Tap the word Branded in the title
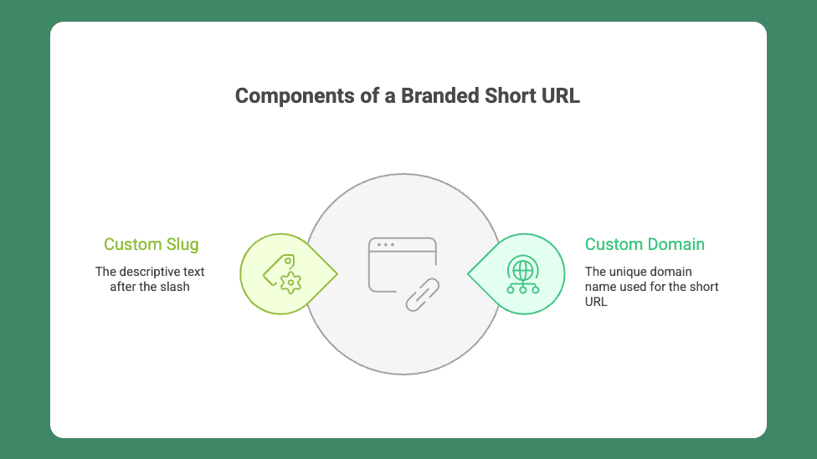pyautogui.click(x=439, y=96)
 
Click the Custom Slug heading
pyautogui.click(x=152, y=244)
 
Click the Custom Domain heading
pyautogui.click(x=645, y=244)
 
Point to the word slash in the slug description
pyautogui.click(x=175, y=287)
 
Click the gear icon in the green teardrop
pyautogui.click(x=290, y=283)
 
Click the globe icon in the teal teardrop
pyautogui.click(x=523, y=269)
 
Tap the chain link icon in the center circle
pyautogui.click(x=423, y=295)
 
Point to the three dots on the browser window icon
pyautogui.click(x=386, y=245)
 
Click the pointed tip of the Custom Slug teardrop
pyautogui.click(x=337, y=273)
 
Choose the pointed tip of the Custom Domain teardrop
pyautogui.click(x=468, y=273)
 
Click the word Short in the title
pyautogui.click(x=511, y=96)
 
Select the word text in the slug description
pyautogui.click(x=193, y=273)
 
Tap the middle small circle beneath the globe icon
pyautogui.click(x=523, y=290)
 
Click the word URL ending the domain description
pyautogui.click(x=596, y=302)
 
